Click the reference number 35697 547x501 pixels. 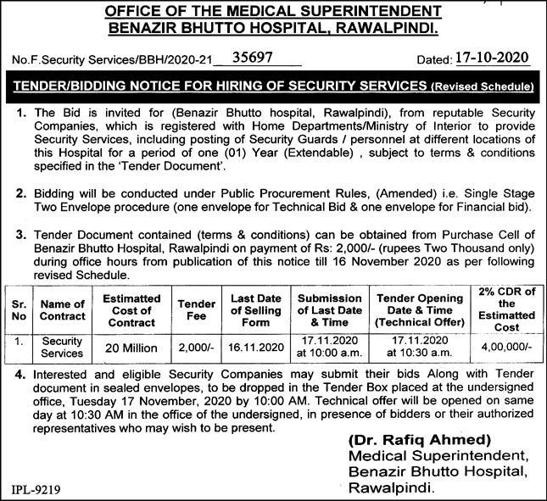coord(258,60)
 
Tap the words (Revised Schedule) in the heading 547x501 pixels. coord(481,87)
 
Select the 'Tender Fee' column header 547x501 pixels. coord(197,309)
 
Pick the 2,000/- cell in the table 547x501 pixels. coord(197,348)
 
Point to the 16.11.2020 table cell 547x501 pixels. coord(256,348)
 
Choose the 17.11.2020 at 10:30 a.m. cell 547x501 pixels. coord(415,348)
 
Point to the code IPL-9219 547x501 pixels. coord(36,489)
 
